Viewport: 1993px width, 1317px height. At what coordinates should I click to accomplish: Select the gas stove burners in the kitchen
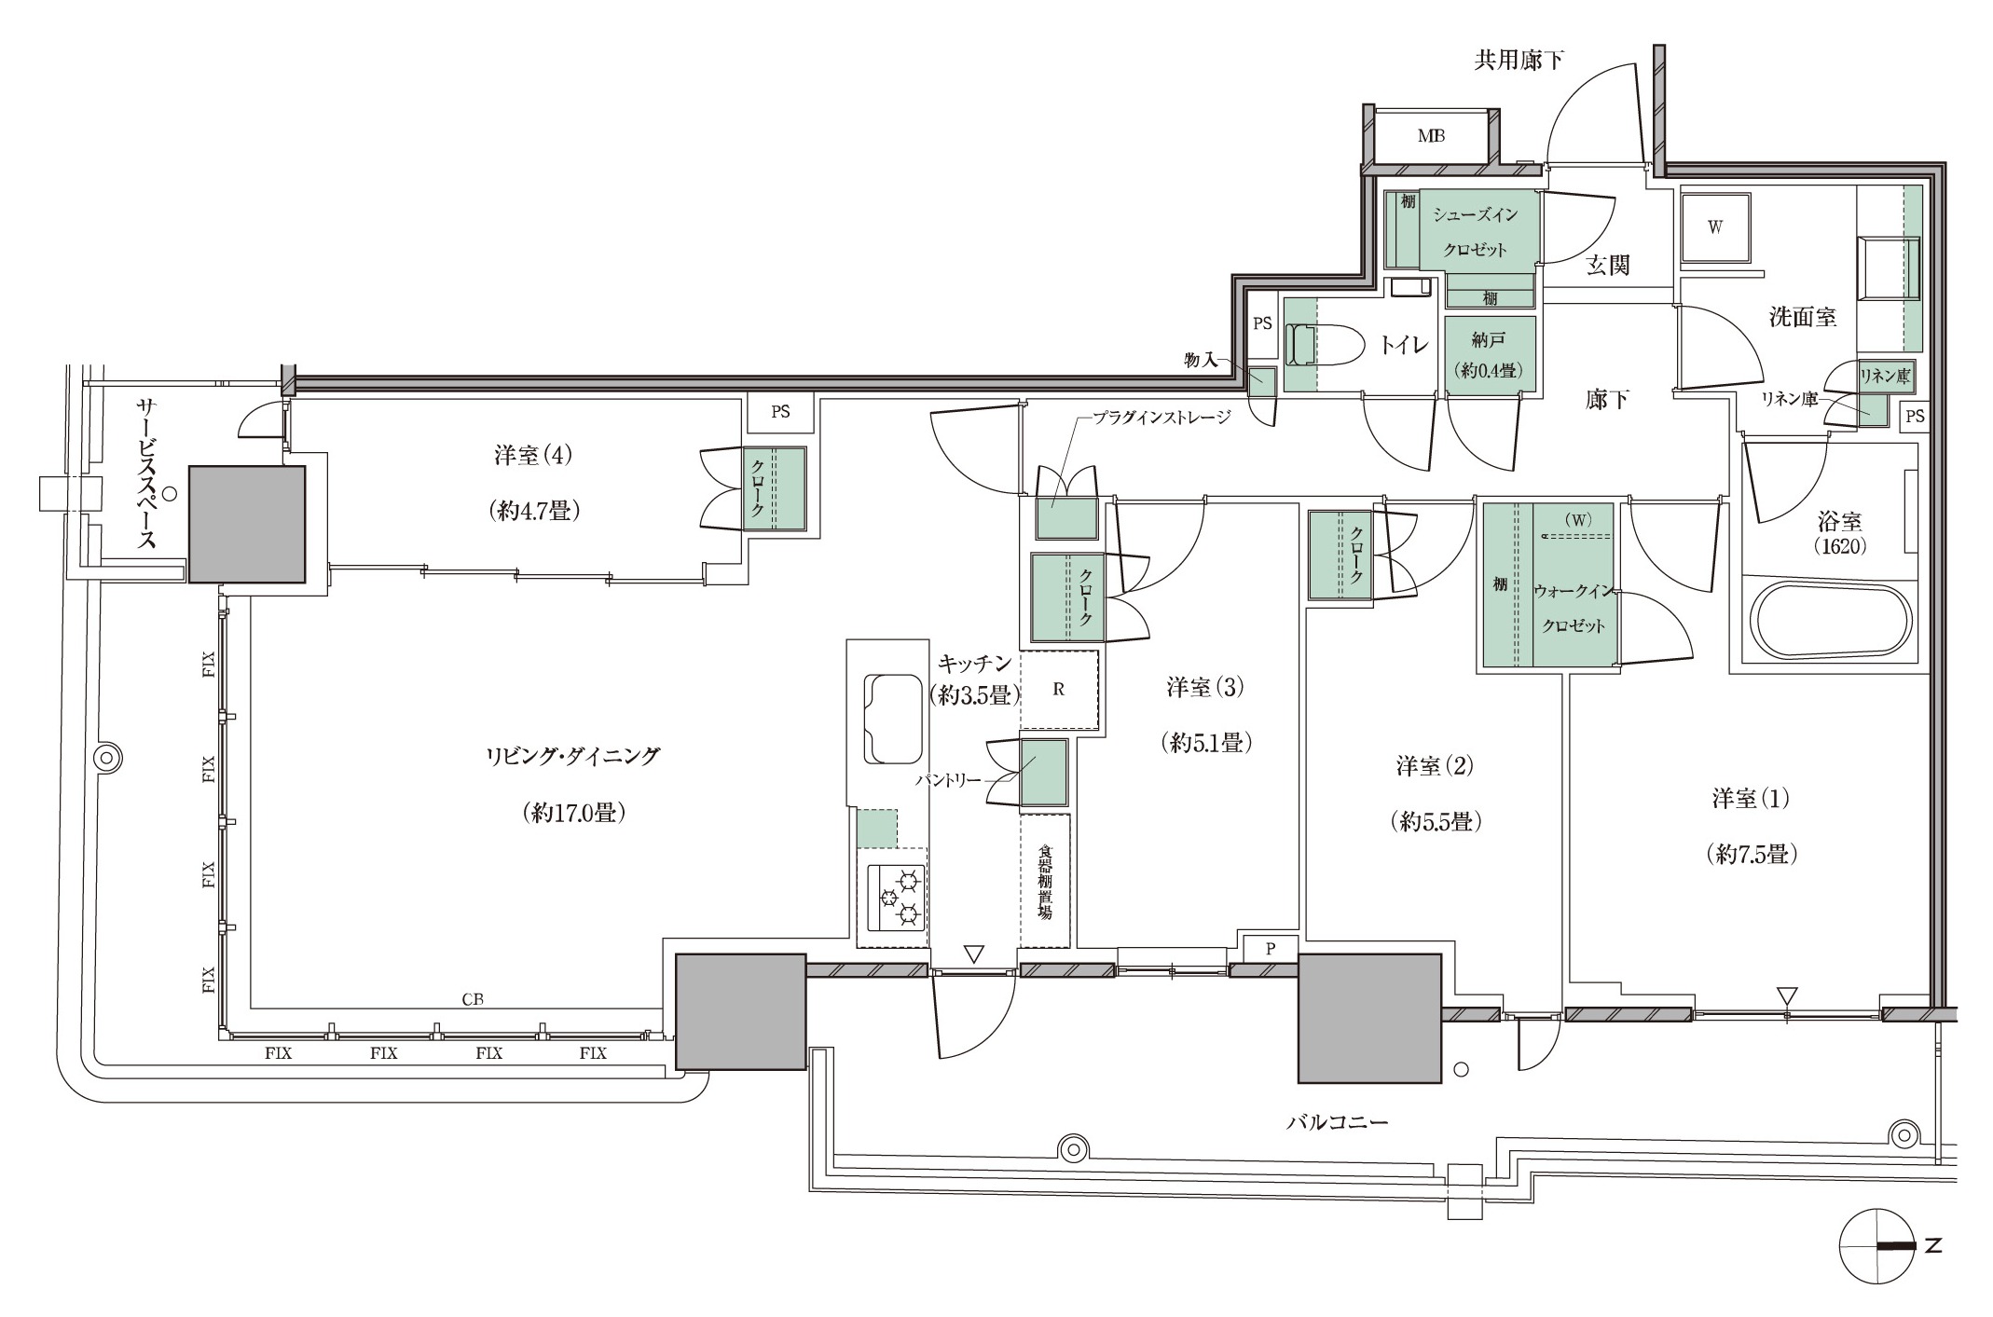[897, 898]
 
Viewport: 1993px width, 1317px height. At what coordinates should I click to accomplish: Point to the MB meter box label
[1431, 136]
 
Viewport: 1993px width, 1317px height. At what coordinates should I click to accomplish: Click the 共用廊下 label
[1519, 61]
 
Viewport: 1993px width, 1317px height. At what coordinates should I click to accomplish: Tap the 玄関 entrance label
[1607, 266]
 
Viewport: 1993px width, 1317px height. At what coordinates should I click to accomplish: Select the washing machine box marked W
[1714, 227]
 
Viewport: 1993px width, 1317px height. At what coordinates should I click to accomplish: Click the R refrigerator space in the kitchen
[1058, 690]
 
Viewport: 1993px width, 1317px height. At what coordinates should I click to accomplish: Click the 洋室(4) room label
[533, 456]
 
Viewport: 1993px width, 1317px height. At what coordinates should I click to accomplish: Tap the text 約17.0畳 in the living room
[572, 813]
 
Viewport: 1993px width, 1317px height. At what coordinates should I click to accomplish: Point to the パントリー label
[949, 780]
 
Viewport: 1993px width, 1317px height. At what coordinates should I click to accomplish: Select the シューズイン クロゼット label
[1475, 232]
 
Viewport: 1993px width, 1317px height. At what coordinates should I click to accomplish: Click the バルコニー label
[1337, 1122]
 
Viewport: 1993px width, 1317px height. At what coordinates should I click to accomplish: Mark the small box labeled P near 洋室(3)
[1270, 949]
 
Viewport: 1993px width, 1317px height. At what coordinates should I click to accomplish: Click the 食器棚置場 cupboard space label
[1045, 882]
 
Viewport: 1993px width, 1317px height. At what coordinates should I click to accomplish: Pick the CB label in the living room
[473, 999]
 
